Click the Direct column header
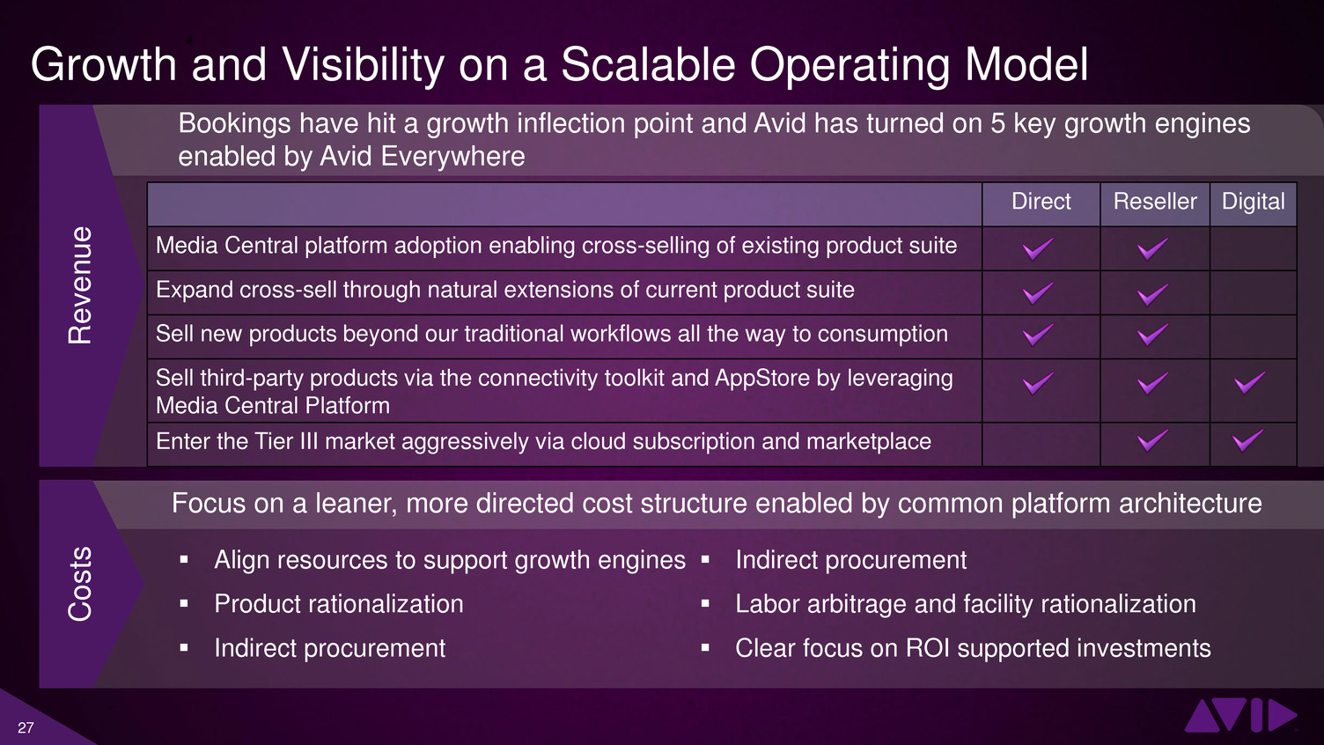point(1041,202)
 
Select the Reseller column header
point(1155,202)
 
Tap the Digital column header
point(1253,203)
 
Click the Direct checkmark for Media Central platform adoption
point(1038,249)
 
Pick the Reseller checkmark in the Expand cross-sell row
point(1152,294)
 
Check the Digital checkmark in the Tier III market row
point(1248,440)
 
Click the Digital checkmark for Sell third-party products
point(1249,383)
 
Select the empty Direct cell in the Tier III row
point(1041,444)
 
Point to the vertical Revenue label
point(80,285)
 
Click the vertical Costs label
point(80,584)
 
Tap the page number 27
point(26,727)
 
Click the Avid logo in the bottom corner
point(1240,715)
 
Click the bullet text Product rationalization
point(339,604)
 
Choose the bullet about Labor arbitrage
point(965,604)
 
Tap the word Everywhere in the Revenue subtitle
point(452,157)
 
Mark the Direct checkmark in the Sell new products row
point(1038,335)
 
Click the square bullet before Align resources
point(184,559)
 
